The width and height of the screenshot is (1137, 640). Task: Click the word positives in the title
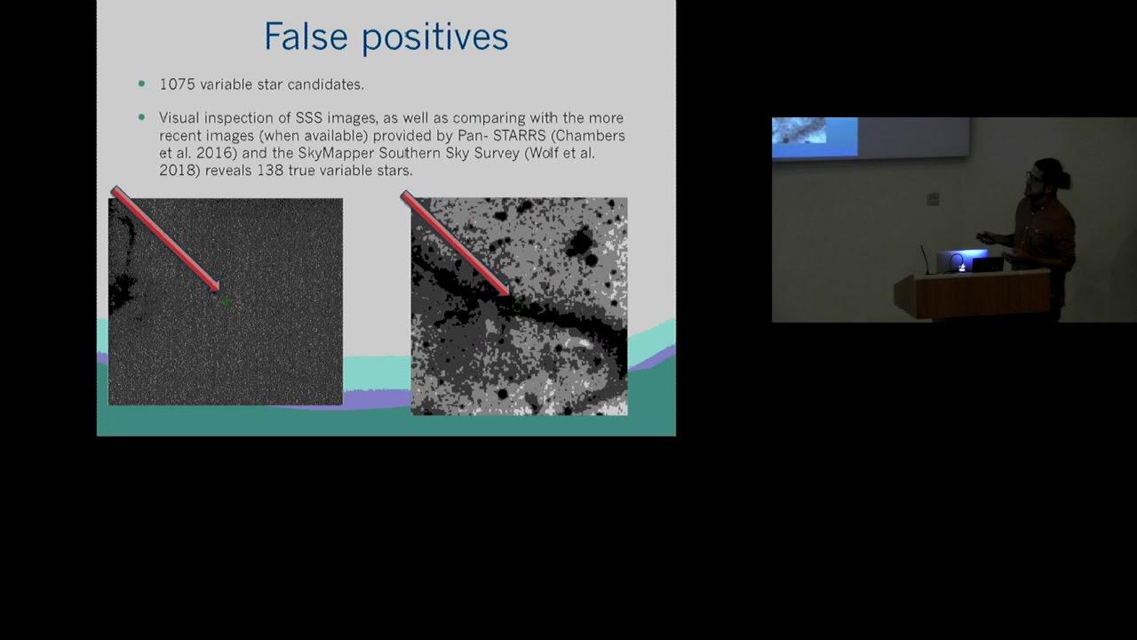pos(435,37)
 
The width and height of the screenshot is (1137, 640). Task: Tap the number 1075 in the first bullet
pos(177,84)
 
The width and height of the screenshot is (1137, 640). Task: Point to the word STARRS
pos(520,136)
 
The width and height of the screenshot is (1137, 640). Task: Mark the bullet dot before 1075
pos(141,84)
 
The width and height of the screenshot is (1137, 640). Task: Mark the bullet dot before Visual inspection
pos(141,117)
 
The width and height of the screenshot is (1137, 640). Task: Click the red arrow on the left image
pos(165,239)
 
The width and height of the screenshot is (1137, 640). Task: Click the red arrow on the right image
pos(456,243)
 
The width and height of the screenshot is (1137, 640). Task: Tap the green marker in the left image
pos(227,301)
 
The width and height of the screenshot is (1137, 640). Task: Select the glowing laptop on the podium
pos(962,261)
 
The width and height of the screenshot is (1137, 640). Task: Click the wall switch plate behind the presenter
pos(933,199)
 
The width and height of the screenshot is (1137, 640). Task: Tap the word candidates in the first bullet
pos(325,84)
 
